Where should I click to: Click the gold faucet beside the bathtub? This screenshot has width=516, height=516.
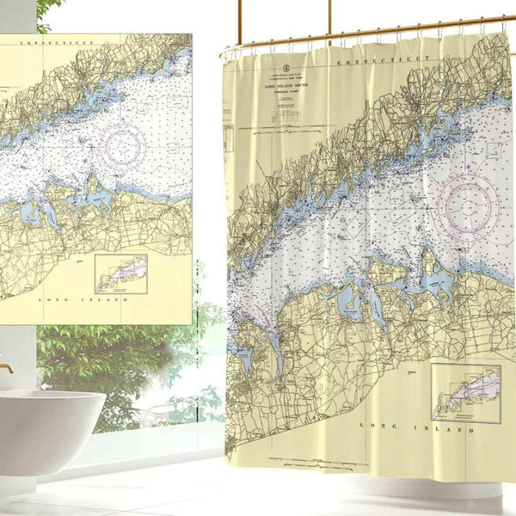click(6, 369)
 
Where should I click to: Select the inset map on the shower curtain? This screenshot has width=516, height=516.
click(465, 393)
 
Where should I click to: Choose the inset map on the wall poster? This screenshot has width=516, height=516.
click(120, 273)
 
